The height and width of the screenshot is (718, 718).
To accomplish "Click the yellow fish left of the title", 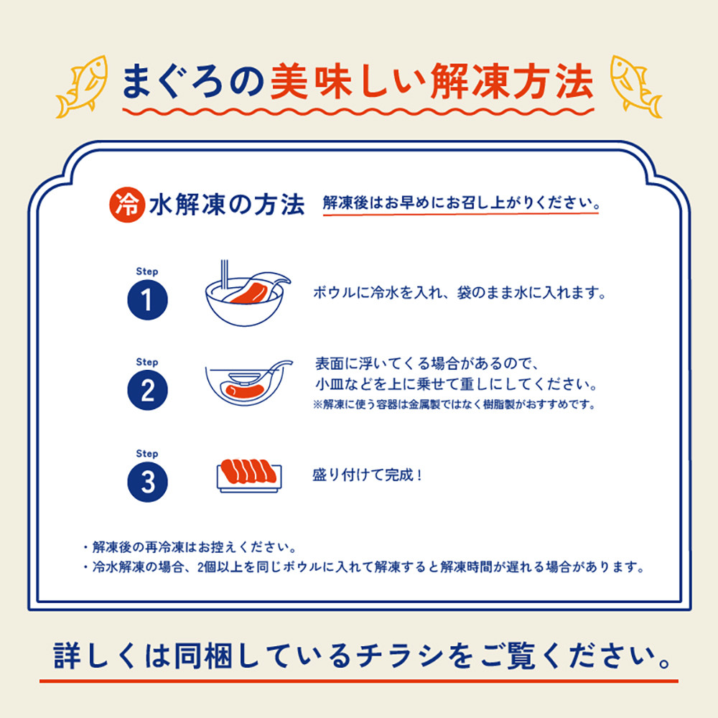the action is click(83, 87).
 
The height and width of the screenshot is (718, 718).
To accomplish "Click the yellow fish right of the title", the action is click(635, 87).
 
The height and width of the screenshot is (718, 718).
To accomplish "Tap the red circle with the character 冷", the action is click(127, 205).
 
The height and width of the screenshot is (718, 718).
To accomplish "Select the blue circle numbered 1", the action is click(147, 300).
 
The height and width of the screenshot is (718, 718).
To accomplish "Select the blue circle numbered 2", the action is click(147, 390).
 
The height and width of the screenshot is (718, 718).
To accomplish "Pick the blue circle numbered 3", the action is click(147, 482).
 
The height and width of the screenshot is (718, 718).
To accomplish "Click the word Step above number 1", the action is click(147, 271).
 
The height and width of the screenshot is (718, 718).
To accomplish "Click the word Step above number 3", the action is click(147, 454).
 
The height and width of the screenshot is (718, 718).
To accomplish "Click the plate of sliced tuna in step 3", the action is click(248, 476).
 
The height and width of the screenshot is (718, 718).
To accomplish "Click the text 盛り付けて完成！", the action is click(367, 475).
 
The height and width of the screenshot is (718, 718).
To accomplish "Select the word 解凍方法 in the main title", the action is click(513, 82).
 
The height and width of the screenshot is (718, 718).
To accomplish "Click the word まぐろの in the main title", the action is click(194, 82).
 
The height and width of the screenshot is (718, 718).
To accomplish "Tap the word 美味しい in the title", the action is click(348, 82).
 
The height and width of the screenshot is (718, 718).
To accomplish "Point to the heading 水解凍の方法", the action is click(227, 205).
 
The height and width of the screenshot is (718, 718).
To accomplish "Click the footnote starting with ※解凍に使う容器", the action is click(454, 405).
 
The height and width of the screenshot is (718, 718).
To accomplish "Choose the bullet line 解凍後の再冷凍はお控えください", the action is click(190, 547).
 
